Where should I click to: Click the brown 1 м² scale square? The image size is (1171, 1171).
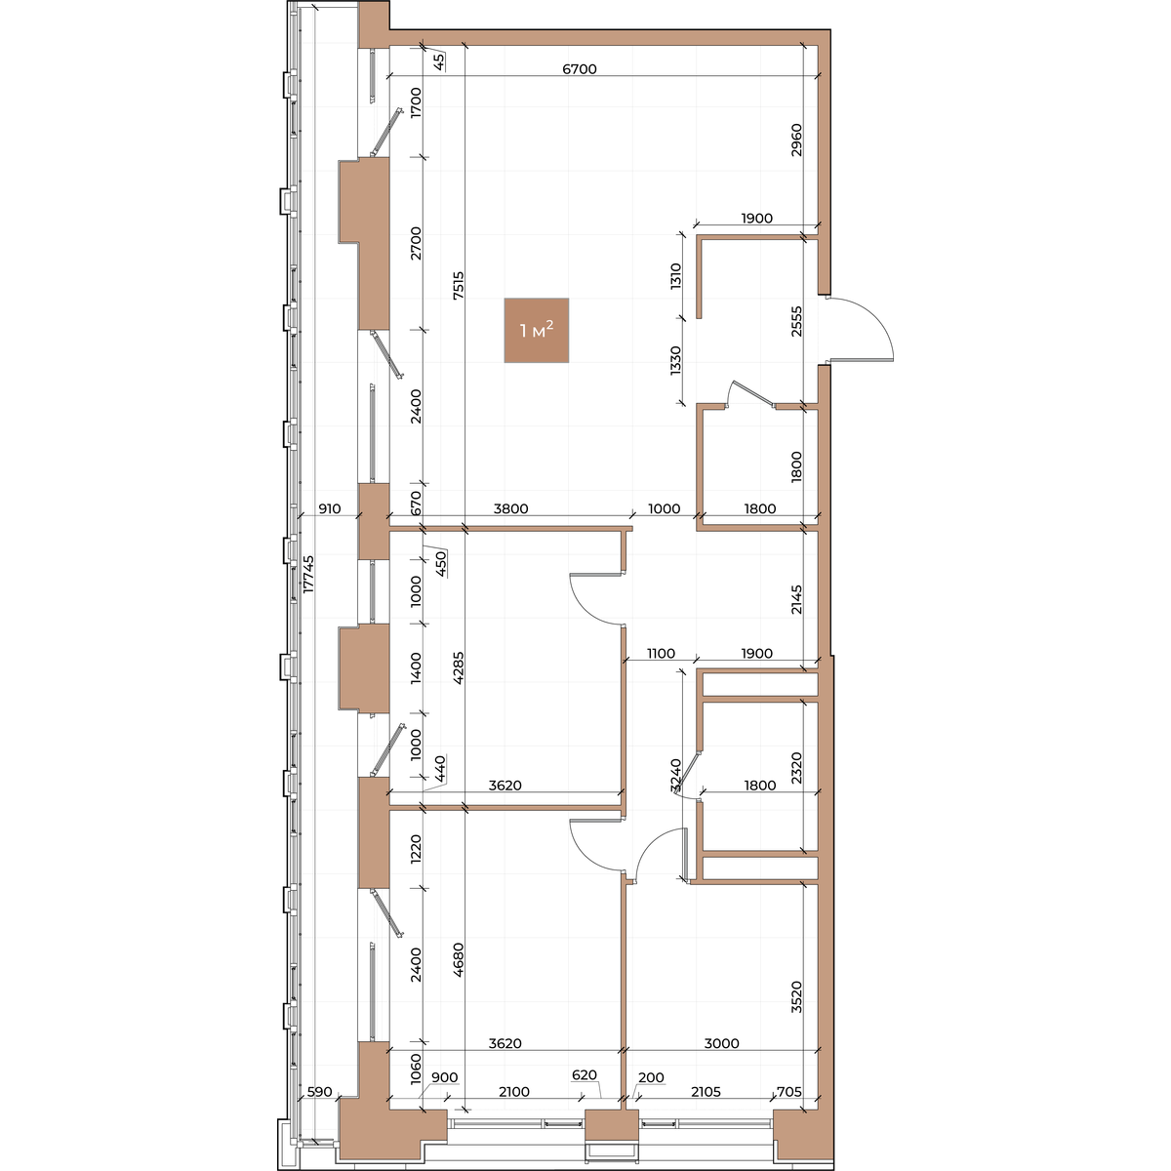coord(536,330)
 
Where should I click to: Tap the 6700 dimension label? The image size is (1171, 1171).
coord(579,69)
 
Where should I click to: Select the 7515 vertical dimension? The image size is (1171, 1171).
coord(459,284)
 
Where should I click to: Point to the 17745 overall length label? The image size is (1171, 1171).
coord(308,574)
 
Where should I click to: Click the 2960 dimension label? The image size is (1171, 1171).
coord(796,141)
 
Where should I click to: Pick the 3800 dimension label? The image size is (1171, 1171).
coord(510,508)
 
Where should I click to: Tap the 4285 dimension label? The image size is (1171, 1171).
coord(459,667)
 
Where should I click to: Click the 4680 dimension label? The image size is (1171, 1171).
coord(459,959)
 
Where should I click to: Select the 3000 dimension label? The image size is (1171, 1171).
coord(721,1044)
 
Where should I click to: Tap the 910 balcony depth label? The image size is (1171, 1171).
coord(330,508)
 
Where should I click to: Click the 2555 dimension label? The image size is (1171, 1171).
coord(796,321)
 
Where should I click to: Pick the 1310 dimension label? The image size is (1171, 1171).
coord(676,276)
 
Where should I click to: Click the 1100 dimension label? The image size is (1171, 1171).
coord(661,653)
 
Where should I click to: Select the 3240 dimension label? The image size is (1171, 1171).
coord(676,776)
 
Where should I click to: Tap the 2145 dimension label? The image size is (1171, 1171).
coord(796,599)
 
